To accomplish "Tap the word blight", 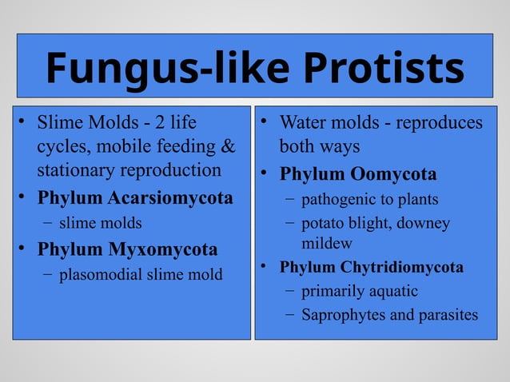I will coord(366,224).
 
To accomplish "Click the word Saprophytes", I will coord(341,315).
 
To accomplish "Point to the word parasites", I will coord(445,315).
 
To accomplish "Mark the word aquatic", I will coord(391,291).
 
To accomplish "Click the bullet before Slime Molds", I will coord(24,123).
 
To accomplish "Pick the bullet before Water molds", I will coord(265,123).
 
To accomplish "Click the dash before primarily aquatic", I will coord(289,291).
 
